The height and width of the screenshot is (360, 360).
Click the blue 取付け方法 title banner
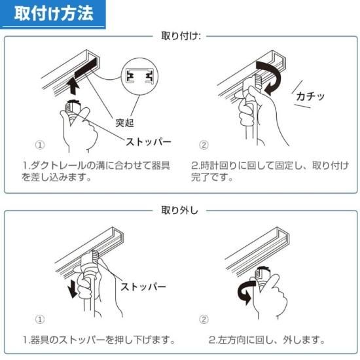53,14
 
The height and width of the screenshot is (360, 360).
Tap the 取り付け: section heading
181,36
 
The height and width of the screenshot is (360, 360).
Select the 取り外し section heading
179,210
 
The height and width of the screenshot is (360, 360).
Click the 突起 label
124,122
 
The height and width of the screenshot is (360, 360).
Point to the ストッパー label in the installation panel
149,141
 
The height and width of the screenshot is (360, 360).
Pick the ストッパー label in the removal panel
143,287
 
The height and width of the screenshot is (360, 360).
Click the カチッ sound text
310,96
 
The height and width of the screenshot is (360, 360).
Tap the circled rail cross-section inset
139,77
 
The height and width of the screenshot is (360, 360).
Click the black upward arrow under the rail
74,86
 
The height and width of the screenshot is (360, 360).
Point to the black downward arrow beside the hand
73,289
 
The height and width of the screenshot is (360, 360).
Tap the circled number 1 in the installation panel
40,145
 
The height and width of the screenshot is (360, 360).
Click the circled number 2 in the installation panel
204,145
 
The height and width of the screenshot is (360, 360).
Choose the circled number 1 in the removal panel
40,319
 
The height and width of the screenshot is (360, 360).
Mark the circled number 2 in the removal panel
204,319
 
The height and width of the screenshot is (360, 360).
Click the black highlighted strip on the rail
87,67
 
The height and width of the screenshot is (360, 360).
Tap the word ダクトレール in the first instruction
58,166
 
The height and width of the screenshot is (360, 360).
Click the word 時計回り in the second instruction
215,166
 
